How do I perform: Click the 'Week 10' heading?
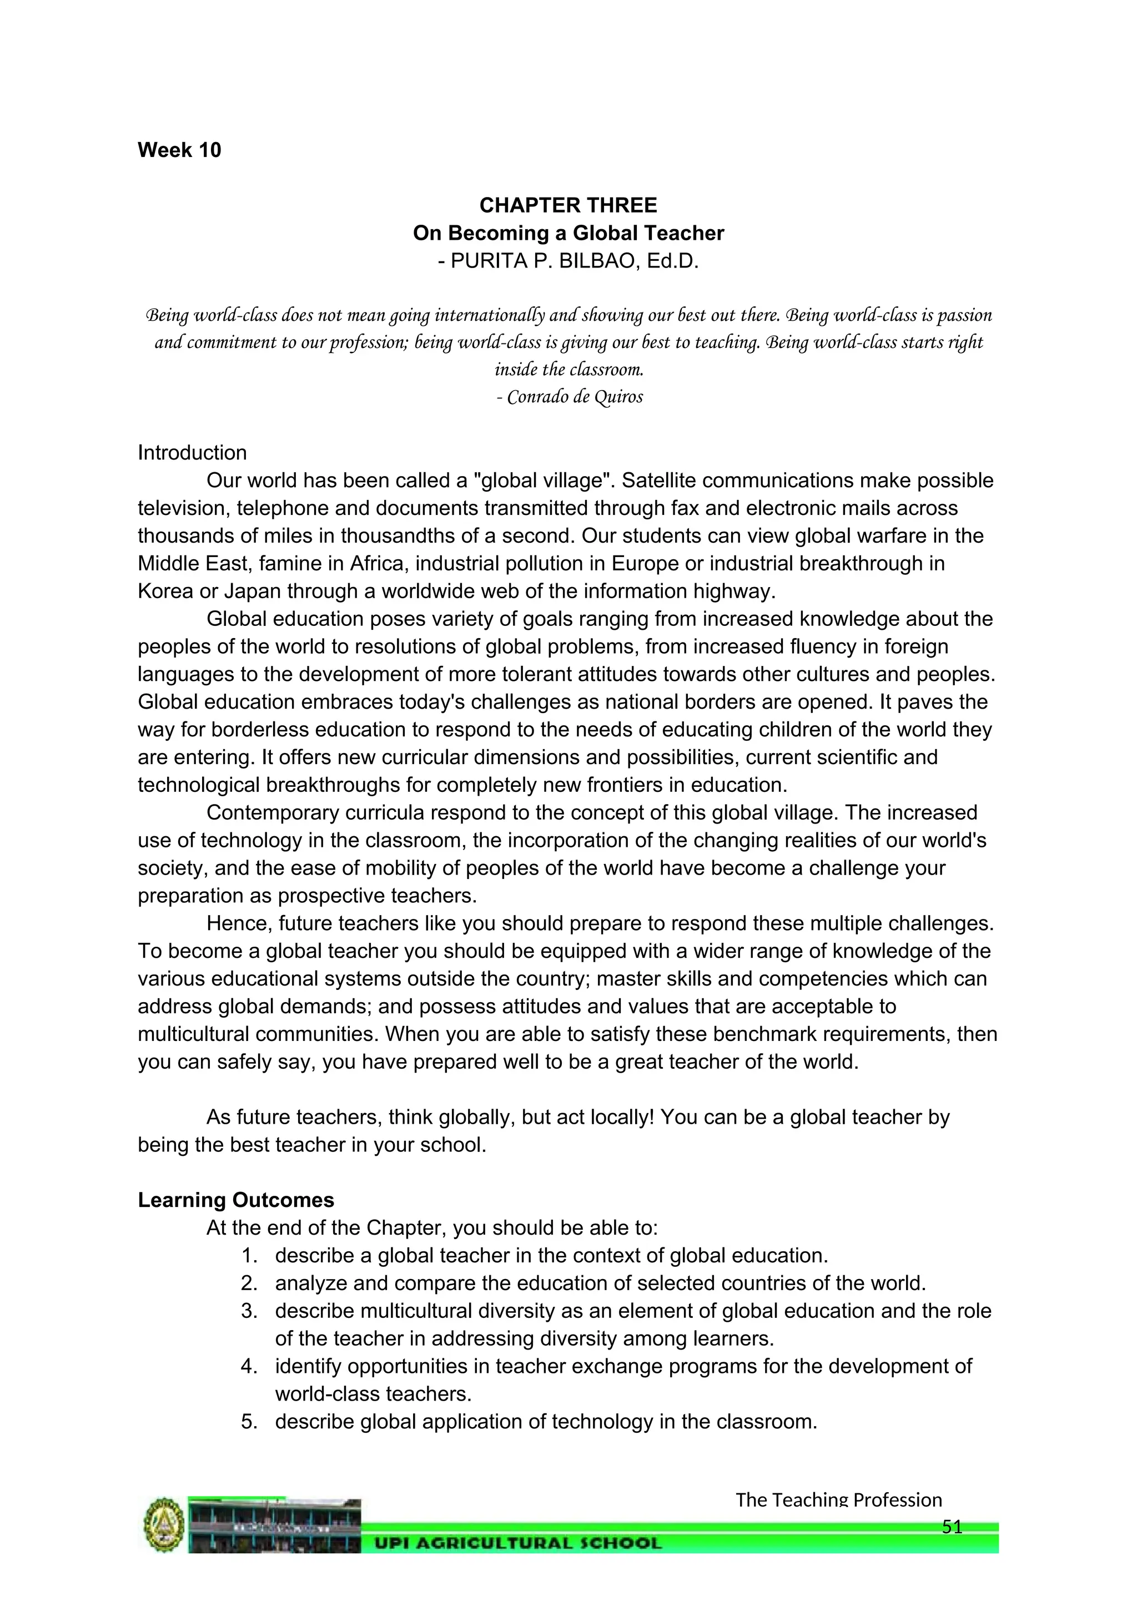tap(179, 150)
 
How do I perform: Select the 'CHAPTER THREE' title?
tap(568, 205)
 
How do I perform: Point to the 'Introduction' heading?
tap(192, 453)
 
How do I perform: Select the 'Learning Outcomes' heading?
tap(236, 1200)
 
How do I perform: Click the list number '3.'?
tap(250, 1311)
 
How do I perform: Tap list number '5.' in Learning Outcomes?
tap(250, 1422)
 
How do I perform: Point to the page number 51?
tap(952, 1527)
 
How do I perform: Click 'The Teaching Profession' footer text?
tap(838, 1500)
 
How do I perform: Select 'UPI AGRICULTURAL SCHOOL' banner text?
tap(518, 1543)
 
